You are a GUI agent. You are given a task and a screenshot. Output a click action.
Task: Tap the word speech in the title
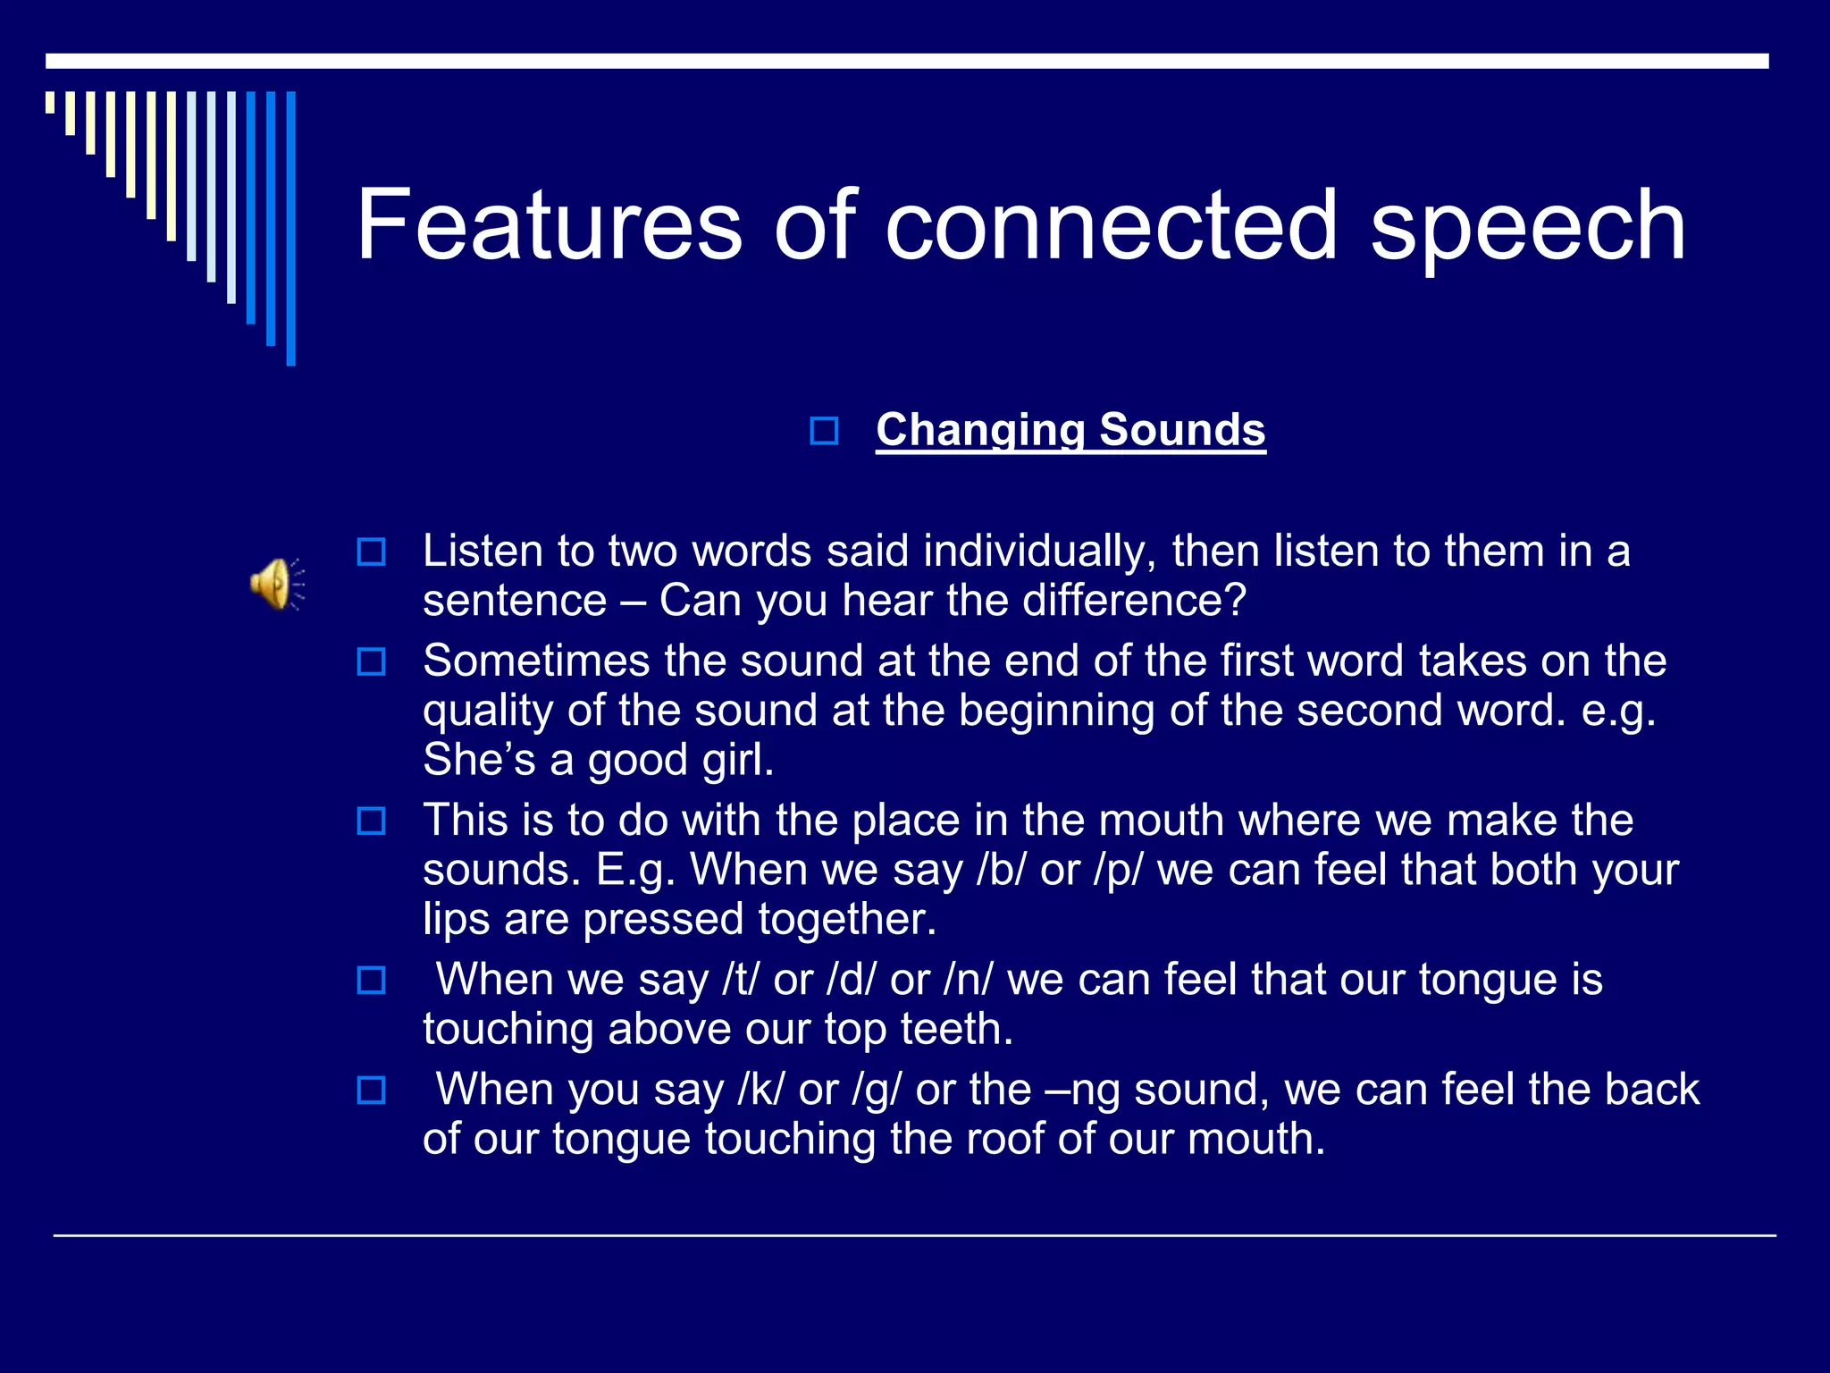pos(1527,227)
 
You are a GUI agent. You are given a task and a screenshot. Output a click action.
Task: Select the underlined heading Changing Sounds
pos(1070,430)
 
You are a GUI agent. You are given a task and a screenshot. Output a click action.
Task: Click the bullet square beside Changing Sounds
pos(824,432)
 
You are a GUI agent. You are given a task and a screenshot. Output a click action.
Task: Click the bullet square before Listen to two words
pos(371,552)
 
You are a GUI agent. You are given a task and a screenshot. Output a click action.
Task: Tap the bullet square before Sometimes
pos(371,662)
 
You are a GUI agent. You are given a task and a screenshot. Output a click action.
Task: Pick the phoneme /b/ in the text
pos(1001,870)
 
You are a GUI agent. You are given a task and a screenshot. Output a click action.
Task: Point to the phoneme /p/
pos(1118,871)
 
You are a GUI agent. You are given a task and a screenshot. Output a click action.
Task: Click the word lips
pos(456,920)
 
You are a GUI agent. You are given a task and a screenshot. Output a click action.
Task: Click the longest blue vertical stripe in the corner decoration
pos(290,228)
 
